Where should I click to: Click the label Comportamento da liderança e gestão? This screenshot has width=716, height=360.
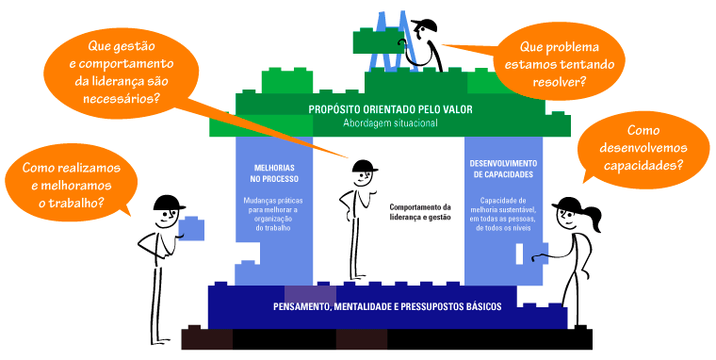point(420,212)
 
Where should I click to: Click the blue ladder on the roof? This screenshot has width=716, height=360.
point(386,42)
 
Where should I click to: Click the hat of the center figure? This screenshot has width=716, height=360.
point(364,167)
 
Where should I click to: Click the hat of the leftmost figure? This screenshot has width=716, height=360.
point(169,202)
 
